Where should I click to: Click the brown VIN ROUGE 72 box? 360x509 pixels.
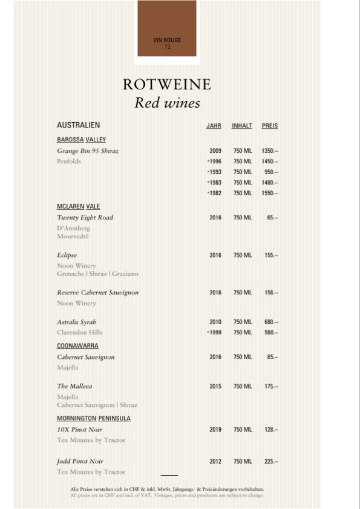click(x=167, y=31)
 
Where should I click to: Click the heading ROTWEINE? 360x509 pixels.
click(x=166, y=84)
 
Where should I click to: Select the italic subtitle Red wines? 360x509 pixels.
click(x=167, y=103)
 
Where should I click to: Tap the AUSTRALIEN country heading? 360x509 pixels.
click(x=78, y=126)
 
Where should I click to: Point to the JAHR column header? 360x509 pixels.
click(x=214, y=126)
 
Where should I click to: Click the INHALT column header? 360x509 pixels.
click(x=241, y=126)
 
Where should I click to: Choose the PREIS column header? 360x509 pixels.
click(x=270, y=126)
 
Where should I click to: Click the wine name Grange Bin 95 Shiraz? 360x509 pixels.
click(x=87, y=151)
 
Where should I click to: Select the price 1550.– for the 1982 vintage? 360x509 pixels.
click(x=270, y=193)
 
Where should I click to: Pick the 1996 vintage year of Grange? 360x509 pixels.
click(x=215, y=161)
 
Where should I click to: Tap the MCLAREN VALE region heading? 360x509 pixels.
click(x=78, y=206)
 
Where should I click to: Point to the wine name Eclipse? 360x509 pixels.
click(x=67, y=255)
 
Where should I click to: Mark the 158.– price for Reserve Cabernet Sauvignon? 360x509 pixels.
click(x=270, y=293)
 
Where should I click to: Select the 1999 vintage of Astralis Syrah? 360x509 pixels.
click(x=215, y=332)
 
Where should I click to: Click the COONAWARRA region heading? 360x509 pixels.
click(x=77, y=346)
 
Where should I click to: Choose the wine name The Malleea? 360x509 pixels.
click(x=74, y=386)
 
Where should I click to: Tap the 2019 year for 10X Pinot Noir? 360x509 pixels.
click(x=215, y=430)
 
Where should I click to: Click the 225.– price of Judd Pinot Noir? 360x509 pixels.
click(x=270, y=462)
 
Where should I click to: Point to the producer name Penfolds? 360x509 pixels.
click(x=68, y=161)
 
